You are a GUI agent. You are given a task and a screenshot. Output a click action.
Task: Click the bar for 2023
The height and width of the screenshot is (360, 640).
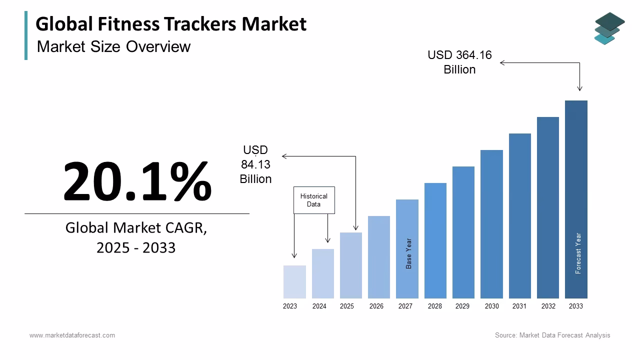coord(294,282)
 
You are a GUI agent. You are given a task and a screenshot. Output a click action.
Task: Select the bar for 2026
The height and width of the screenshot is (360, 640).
coord(379,257)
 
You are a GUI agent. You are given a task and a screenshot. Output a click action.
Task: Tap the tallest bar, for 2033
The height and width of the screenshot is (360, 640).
coord(576,199)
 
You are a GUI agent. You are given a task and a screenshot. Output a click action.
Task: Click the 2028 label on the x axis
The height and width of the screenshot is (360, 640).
coord(435,306)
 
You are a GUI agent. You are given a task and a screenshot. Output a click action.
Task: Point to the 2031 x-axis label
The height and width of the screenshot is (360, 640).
coord(519,306)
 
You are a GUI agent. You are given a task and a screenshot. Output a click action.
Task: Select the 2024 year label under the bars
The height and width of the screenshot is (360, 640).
coord(319,306)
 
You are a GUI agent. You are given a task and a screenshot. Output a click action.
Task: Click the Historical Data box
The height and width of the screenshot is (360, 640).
coord(314,200)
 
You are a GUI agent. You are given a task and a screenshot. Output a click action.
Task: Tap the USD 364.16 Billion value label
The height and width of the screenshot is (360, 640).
coord(459,62)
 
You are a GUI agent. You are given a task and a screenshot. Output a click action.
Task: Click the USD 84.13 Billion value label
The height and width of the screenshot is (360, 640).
coord(255,164)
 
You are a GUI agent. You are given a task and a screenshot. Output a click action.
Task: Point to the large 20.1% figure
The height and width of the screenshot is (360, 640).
coord(137,181)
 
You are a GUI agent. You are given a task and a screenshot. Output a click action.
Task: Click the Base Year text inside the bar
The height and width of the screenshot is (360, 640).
coord(409,253)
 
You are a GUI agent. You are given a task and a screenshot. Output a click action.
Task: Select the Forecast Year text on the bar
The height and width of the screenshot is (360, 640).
coord(578,253)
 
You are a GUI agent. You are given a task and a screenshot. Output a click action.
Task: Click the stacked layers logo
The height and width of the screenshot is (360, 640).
coord(609,28)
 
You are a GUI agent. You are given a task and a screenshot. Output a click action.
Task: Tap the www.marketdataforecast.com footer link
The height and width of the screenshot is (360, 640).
coord(72,335)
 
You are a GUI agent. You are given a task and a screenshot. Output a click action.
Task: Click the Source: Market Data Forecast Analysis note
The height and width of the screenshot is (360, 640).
coord(552,335)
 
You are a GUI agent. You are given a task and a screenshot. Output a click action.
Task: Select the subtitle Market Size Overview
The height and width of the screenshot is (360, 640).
coord(113,46)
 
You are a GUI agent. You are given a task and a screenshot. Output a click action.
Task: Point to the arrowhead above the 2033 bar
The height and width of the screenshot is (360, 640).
coord(579,88)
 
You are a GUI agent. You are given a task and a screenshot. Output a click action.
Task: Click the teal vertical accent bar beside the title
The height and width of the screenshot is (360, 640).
coord(26,35)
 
